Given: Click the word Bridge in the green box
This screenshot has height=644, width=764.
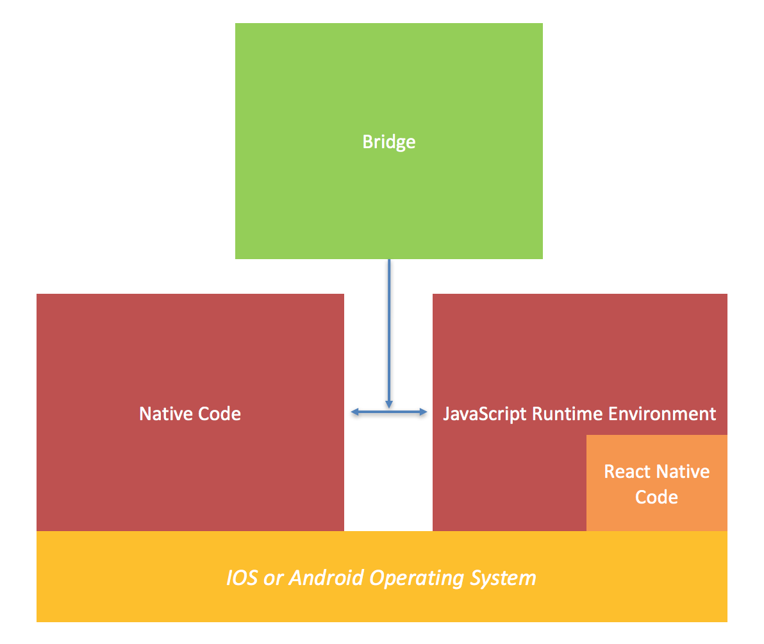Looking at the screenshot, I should click(x=389, y=142).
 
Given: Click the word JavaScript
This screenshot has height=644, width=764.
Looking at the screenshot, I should click(x=485, y=414).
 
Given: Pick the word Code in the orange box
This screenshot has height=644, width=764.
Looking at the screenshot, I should click(x=657, y=497).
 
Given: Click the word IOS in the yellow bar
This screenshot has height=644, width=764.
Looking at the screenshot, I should click(x=242, y=578).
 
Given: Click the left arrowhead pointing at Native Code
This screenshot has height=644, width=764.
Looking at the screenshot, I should click(x=354, y=412).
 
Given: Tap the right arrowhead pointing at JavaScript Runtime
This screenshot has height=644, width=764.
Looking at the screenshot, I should click(x=423, y=412).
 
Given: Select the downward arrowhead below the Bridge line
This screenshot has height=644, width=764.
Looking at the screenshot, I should click(x=389, y=405).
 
